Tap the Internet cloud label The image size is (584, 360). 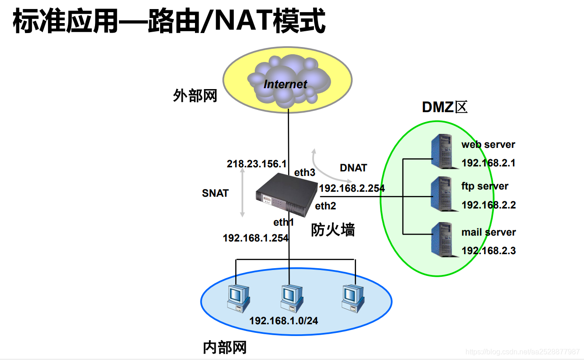point(285,84)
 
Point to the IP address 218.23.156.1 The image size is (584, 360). point(256,164)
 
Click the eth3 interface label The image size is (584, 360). point(305,172)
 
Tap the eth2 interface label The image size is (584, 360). point(326,206)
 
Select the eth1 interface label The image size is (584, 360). point(284,222)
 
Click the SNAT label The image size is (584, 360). point(215,193)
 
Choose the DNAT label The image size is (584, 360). point(353,168)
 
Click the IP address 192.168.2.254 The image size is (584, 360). point(351,188)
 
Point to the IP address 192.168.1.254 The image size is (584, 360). point(256,237)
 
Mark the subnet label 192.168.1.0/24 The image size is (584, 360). point(284,321)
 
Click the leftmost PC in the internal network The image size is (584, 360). point(237,298)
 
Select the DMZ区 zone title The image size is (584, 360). point(444,107)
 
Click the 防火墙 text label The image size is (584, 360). point(333,230)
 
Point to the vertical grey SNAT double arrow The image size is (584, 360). point(243,193)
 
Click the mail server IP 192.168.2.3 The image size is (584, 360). point(488,251)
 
